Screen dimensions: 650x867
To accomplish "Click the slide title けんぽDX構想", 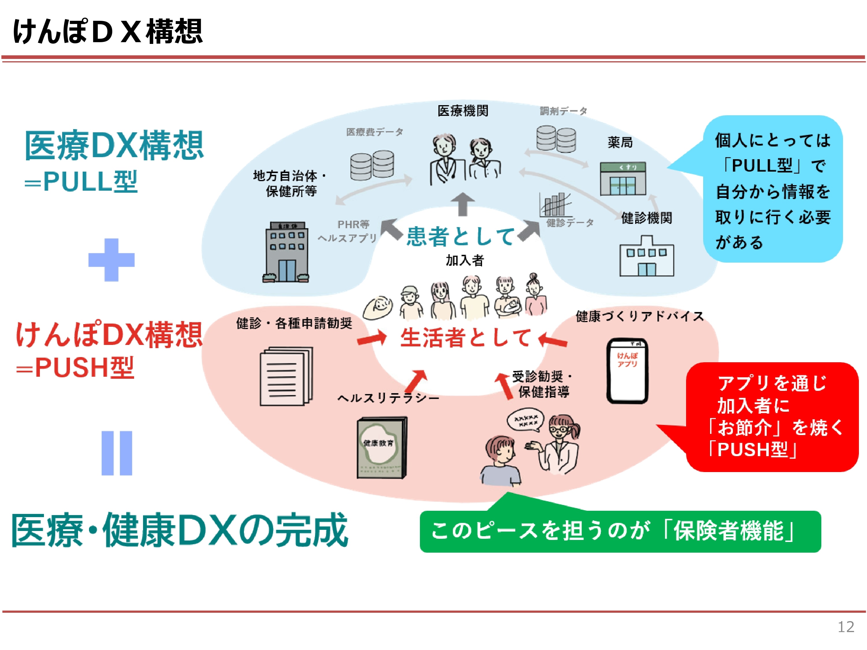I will click(108, 31).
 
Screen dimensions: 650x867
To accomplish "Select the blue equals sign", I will click(116, 453).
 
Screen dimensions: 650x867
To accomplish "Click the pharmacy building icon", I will click(623, 179).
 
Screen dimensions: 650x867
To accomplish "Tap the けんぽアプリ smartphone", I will click(627, 371).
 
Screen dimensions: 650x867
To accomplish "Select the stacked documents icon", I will click(286, 376).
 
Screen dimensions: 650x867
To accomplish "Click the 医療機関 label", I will click(463, 111).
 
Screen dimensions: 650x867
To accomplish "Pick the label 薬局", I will click(620, 142).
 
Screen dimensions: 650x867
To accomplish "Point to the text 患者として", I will click(461, 236).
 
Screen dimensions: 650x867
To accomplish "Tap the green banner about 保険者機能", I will click(620, 531).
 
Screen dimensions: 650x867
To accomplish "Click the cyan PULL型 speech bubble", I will click(772, 190).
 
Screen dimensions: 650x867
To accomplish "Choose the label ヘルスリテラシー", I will click(388, 398).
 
